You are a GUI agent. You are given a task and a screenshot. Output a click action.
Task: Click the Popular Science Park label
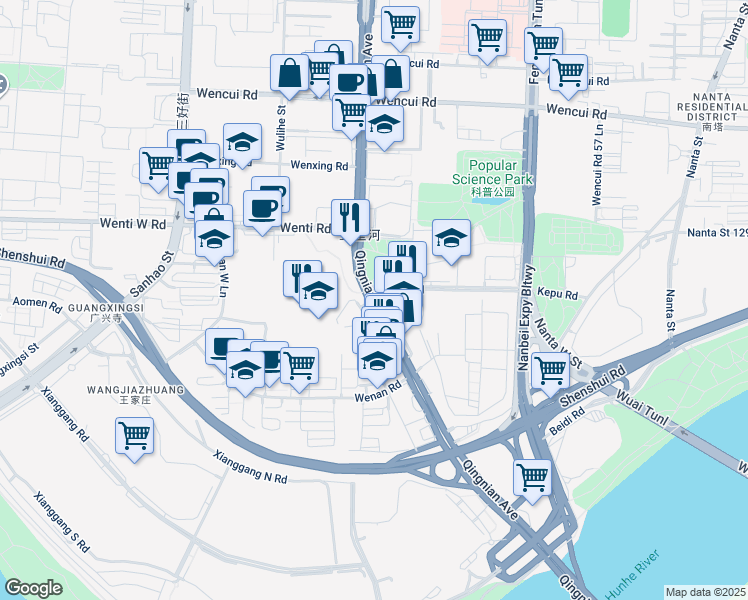(492, 172)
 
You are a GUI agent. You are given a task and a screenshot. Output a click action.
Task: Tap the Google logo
(33, 588)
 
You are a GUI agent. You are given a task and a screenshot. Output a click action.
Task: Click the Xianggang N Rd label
(250, 467)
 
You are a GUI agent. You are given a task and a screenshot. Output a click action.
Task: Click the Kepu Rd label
(558, 295)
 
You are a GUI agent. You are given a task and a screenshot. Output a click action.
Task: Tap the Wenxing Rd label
(319, 166)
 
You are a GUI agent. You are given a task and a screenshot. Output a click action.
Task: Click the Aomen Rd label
(38, 301)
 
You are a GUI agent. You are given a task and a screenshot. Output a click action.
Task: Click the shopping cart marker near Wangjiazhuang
(135, 435)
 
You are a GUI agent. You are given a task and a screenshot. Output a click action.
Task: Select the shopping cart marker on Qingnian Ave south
(532, 475)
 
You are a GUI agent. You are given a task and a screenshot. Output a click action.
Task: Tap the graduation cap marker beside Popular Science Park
(451, 238)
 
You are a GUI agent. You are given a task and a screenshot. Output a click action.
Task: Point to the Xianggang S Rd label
(61, 522)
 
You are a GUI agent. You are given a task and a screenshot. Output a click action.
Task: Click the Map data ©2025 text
(705, 592)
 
